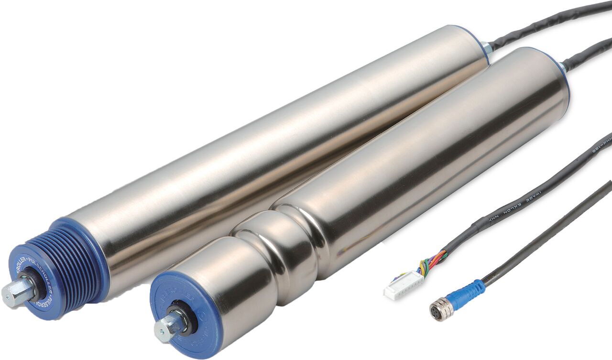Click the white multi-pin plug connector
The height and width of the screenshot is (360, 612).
coord(403,285)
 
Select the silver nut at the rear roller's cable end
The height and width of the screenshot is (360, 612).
coord(487,47)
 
